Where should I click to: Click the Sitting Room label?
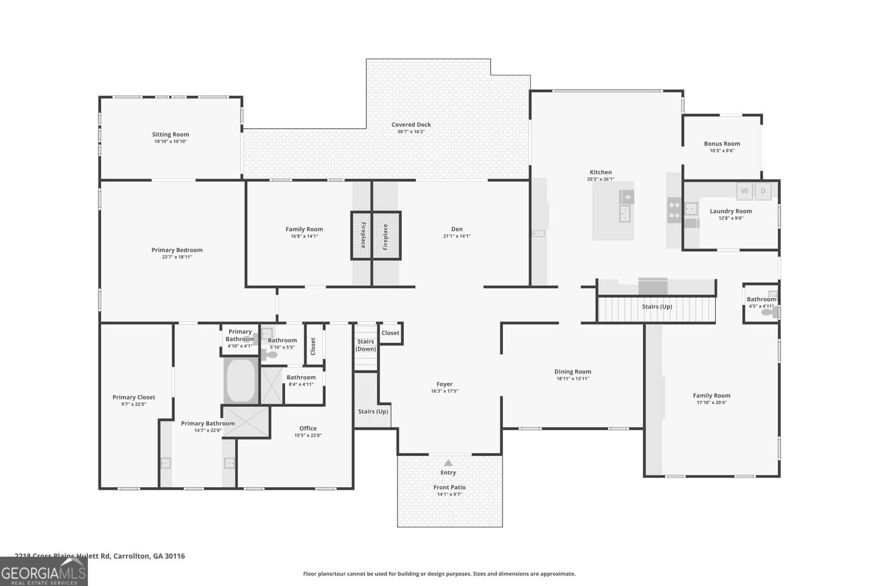point(170,135)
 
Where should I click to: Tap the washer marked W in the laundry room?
point(744,191)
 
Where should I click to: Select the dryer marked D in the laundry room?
point(763,191)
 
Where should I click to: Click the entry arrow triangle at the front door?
point(448,462)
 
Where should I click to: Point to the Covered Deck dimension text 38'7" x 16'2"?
point(411,132)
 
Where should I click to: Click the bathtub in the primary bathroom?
point(241,380)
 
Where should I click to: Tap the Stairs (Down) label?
point(366,345)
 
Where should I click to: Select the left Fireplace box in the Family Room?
point(362,236)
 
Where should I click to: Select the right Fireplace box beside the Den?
point(386,236)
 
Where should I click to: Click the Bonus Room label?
point(722,144)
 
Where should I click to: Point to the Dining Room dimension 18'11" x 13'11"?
point(572,379)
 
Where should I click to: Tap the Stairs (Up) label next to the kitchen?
point(657,306)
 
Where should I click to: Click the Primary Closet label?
point(133,397)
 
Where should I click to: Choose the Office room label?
point(308,428)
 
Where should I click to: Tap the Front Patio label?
point(449,487)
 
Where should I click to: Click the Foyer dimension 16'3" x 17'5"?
point(444,392)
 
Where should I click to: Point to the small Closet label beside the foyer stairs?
point(390,333)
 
